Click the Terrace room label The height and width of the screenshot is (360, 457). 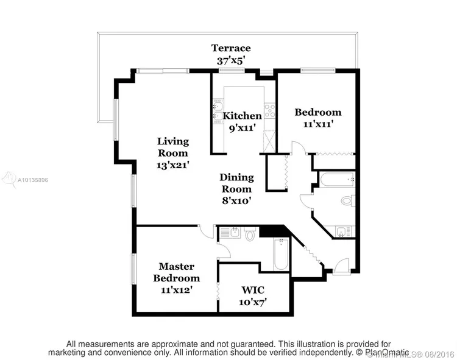231,48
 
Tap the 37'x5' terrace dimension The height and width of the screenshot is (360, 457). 230,60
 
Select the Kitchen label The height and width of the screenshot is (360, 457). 242,116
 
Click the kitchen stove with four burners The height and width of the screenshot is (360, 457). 269,111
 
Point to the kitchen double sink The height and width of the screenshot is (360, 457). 218,111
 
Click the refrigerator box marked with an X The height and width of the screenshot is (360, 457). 269,141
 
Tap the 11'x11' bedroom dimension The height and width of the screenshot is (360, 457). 318,124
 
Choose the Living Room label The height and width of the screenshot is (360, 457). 173,147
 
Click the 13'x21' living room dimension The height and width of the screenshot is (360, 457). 173,166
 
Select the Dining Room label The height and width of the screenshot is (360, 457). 236,183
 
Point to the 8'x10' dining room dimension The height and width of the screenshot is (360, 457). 236,200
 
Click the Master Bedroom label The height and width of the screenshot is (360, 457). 177,272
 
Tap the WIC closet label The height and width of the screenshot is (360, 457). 253,290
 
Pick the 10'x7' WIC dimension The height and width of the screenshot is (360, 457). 253,302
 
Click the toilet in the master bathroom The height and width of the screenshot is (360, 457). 250,233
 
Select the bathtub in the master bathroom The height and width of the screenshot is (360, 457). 281,254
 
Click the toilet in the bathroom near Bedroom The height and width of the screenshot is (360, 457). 348,200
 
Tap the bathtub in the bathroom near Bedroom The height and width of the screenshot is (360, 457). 338,179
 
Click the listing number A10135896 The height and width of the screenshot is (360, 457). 33,180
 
